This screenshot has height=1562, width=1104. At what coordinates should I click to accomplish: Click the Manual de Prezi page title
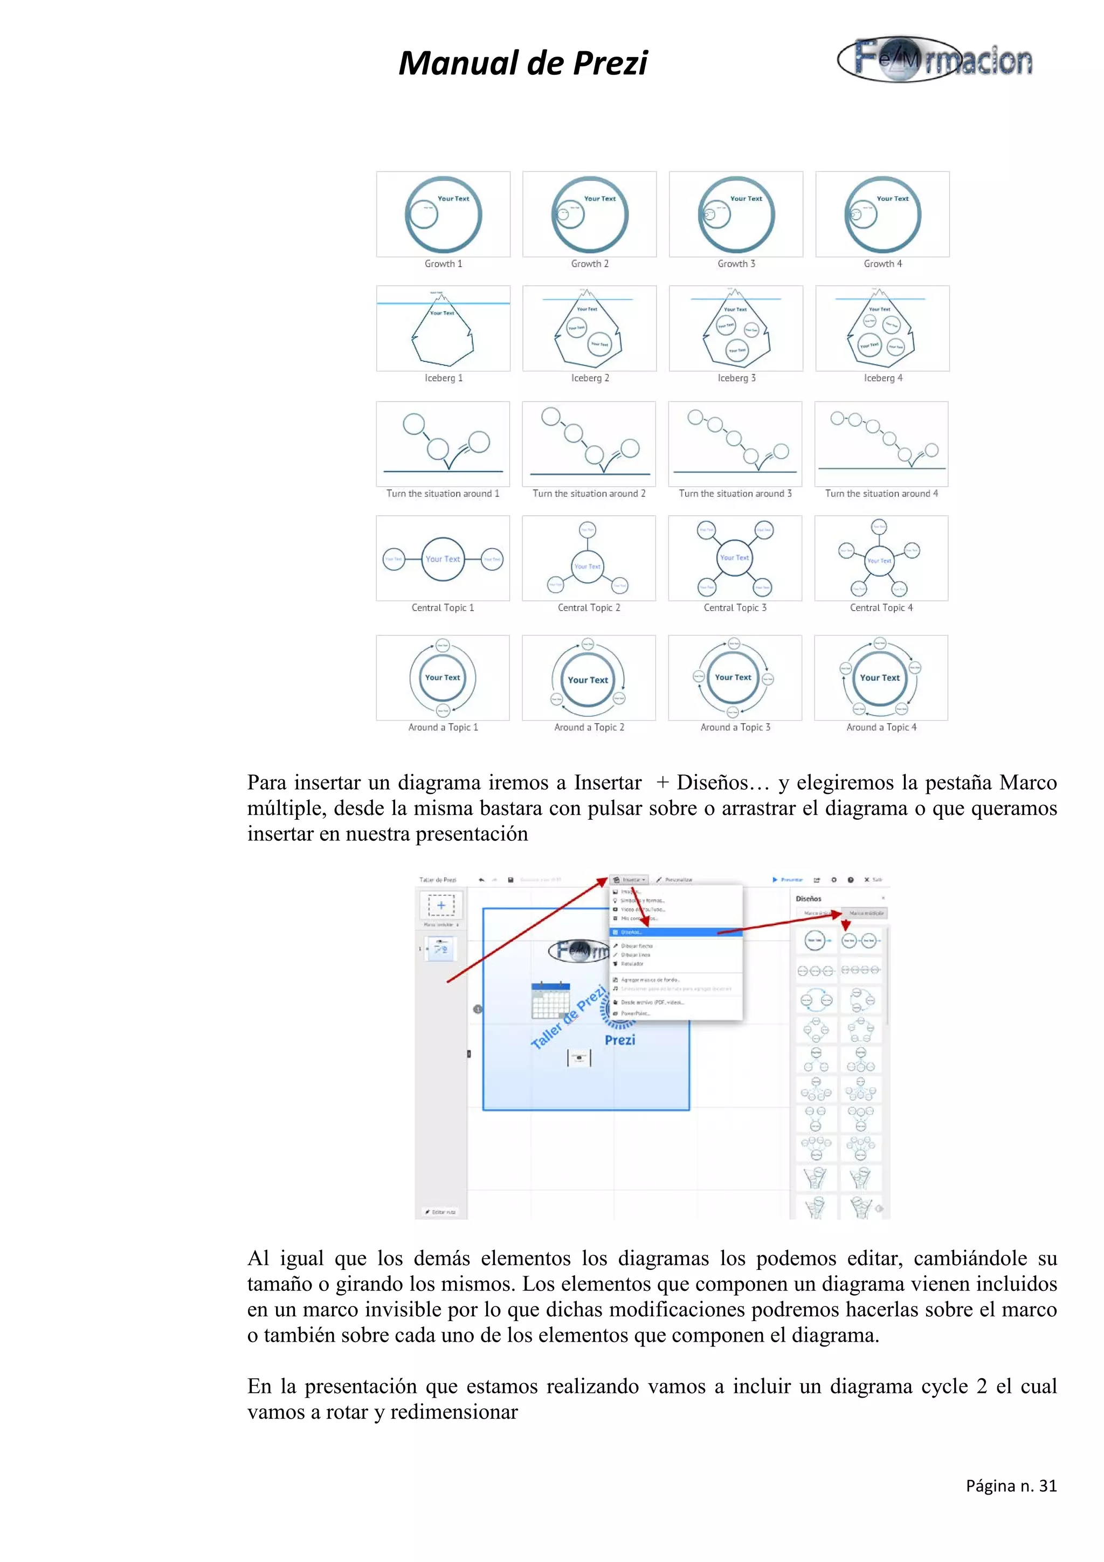[522, 63]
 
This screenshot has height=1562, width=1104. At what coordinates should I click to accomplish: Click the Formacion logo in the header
[935, 60]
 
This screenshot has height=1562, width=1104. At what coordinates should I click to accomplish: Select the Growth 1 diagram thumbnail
[443, 215]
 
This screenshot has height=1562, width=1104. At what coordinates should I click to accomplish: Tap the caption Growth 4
[882, 264]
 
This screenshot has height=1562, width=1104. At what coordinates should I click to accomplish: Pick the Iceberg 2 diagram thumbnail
[589, 329]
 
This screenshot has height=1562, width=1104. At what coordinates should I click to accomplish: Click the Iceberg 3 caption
[736, 378]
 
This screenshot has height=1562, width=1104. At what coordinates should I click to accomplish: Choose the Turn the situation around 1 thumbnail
[443, 444]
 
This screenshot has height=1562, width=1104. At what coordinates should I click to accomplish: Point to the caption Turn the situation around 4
[881, 494]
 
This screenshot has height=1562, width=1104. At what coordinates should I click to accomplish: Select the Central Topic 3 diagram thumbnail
[735, 558]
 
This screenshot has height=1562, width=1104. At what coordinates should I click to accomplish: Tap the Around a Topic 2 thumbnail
[589, 678]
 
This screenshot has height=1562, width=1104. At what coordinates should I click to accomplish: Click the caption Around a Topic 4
[881, 727]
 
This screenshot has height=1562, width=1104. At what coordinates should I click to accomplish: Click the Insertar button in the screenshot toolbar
[629, 880]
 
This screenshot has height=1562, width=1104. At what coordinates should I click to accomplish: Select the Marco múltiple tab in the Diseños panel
[865, 913]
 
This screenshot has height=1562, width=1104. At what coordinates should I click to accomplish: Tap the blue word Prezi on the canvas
[620, 1040]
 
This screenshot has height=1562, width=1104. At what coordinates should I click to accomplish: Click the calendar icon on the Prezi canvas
[550, 1000]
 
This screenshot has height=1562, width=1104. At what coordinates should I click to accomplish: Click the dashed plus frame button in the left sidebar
[441, 905]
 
